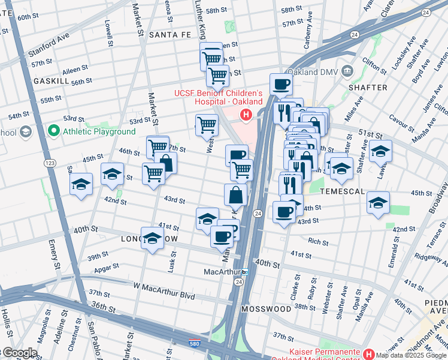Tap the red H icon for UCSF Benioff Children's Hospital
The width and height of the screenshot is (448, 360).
[x=245, y=115]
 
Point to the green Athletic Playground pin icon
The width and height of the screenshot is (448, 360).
[x=54, y=131]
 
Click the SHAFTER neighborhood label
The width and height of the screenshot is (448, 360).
[x=367, y=88]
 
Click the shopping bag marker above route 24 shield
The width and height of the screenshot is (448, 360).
[x=236, y=195]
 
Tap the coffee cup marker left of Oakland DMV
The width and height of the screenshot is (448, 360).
[x=281, y=85]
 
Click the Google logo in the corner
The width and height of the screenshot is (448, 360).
[x=19, y=353]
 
